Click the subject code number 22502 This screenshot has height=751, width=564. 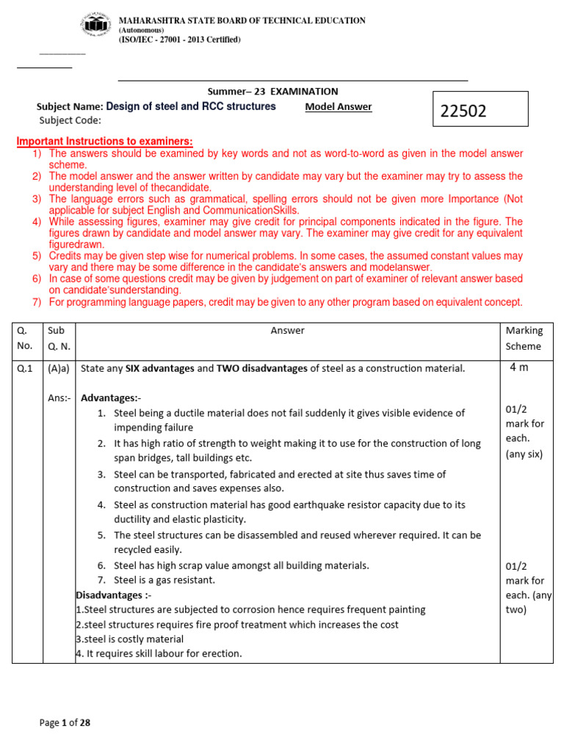coord(463,111)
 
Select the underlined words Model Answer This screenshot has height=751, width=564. coord(338,107)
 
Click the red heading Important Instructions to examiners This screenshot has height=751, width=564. coord(104,142)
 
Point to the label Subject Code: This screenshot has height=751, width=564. coord(70,121)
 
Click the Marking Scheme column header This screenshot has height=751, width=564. coord(524,338)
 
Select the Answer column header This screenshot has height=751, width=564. coord(287,331)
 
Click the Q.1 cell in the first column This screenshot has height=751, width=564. coord(26,369)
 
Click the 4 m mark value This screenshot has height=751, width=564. coord(518,367)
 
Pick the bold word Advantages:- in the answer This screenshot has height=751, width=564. coord(110,398)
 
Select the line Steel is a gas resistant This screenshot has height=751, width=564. coord(164,580)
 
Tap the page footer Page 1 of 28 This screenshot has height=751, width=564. coord(65,723)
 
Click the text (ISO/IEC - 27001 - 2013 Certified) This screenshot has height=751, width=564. coord(179,40)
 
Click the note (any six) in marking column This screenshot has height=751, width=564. coord(524,454)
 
